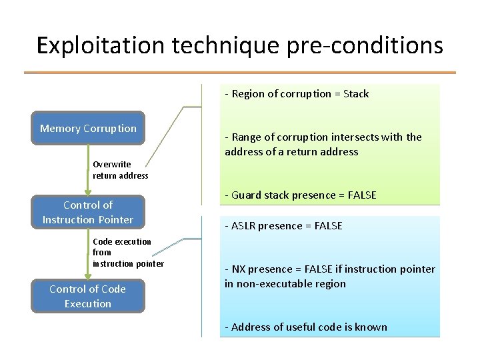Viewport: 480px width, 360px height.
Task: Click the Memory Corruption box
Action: pyautogui.click(x=88, y=128)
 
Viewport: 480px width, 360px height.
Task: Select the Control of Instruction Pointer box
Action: pyautogui.click(x=88, y=212)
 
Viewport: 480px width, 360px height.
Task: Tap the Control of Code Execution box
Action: pyautogui.click(x=88, y=296)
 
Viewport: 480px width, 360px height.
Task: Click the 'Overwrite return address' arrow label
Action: pyautogui.click(x=121, y=170)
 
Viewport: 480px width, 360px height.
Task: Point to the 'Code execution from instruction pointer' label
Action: pyautogui.click(x=128, y=253)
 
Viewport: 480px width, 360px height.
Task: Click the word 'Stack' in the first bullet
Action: pyautogui.click(x=355, y=94)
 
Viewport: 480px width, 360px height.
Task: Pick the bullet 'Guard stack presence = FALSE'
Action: pyautogui.click(x=301, y=195)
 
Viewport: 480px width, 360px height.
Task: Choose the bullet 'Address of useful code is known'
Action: pyautogui.click(x=306, y=327)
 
